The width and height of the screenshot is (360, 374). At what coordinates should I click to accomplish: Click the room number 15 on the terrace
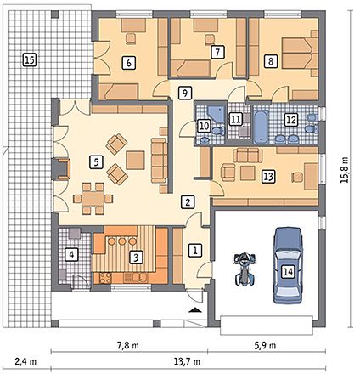30,59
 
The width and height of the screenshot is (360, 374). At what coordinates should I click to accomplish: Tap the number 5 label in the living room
96,162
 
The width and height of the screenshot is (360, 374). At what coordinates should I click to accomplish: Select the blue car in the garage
288,265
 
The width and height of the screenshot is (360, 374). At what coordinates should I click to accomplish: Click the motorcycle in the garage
245,269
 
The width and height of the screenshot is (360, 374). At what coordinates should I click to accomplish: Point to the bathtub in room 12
260,127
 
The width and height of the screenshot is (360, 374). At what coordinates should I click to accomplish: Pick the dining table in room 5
93,198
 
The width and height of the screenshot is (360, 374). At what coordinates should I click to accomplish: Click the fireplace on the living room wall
61,169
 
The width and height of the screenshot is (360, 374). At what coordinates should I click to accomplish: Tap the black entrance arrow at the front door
197,310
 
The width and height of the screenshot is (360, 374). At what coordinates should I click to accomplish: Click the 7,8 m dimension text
128,345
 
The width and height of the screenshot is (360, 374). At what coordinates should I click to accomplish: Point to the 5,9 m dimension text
265,345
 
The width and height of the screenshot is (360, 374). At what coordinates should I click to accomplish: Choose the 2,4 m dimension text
25,362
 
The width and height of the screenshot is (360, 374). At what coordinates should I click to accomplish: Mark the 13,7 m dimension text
187,362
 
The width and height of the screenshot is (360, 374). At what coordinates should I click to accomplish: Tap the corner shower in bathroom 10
217,115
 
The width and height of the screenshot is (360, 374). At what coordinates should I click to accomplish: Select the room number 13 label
268,176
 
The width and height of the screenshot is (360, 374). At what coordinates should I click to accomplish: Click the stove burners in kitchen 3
105,278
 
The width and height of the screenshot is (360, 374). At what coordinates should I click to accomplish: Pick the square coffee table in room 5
135,161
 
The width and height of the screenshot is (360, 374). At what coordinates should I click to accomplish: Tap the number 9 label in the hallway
185,93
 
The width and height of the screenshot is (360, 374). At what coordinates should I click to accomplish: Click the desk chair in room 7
210,39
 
